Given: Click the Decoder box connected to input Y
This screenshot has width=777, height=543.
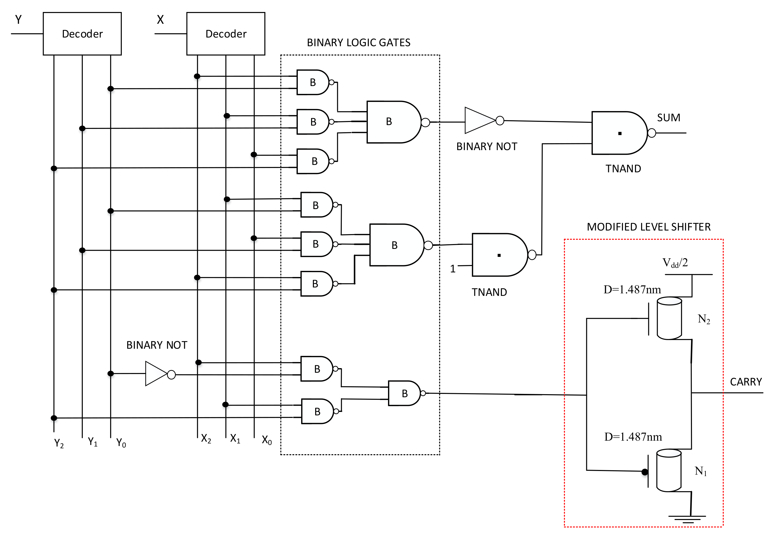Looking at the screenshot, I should (x=82, y=34).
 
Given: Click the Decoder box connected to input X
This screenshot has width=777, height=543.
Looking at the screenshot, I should (x=226, y=34).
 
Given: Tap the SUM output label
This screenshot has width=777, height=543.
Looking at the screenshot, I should (x=668, y=118).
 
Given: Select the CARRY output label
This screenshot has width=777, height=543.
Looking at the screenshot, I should (x=746, y=382).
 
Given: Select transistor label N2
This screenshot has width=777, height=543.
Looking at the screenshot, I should (x=703, y=319).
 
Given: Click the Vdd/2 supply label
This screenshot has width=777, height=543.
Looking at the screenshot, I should (x=675, y=263).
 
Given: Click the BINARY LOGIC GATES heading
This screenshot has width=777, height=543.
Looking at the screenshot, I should (x=358, y=43).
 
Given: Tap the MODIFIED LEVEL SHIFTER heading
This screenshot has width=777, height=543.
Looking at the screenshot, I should (x=649, y=227).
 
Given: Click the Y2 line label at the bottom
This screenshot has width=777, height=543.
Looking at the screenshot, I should (x=59, y=443).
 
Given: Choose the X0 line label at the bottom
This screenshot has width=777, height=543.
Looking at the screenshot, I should (x=267, y=440).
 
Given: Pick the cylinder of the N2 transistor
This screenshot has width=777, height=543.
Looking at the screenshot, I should (x=669, y=318).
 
